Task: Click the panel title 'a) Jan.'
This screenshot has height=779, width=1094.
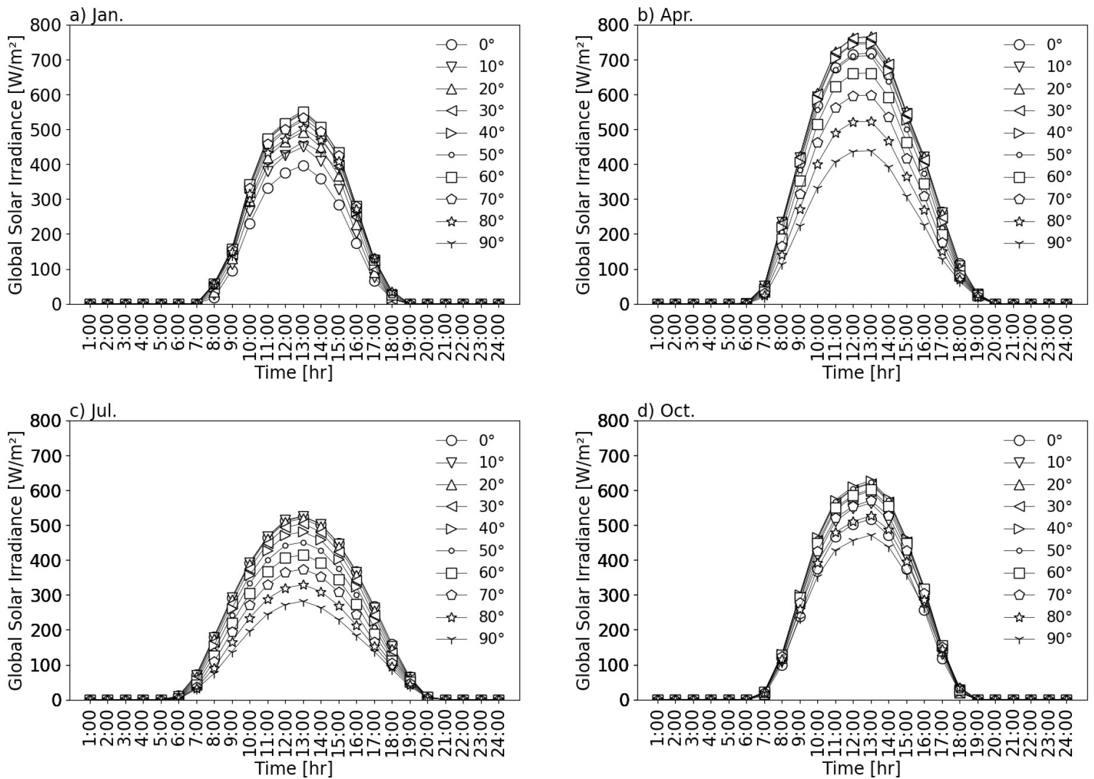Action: point(96,15)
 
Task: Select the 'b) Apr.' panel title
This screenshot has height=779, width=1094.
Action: point(665,15)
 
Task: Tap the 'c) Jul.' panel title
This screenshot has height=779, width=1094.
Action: point(93,411)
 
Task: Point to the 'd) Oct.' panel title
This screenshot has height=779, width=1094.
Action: point(666,411)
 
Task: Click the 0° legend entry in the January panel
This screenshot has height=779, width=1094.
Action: point(470,45)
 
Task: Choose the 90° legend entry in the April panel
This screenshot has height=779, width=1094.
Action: point(1039,243)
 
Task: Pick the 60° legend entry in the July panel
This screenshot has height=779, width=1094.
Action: point(470,572)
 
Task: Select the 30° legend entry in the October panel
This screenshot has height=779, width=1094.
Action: point(1039,506)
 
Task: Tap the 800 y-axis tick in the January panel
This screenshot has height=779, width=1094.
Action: point(47,25)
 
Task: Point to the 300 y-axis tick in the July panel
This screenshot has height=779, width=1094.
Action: point(47,595)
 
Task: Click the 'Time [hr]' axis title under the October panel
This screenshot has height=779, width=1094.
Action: point(861,768)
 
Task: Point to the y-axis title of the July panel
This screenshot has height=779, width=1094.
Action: point(16,560)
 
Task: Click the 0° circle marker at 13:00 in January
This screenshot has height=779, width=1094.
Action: point(304,165)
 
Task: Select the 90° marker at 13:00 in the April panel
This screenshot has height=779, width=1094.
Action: point(871,152)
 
